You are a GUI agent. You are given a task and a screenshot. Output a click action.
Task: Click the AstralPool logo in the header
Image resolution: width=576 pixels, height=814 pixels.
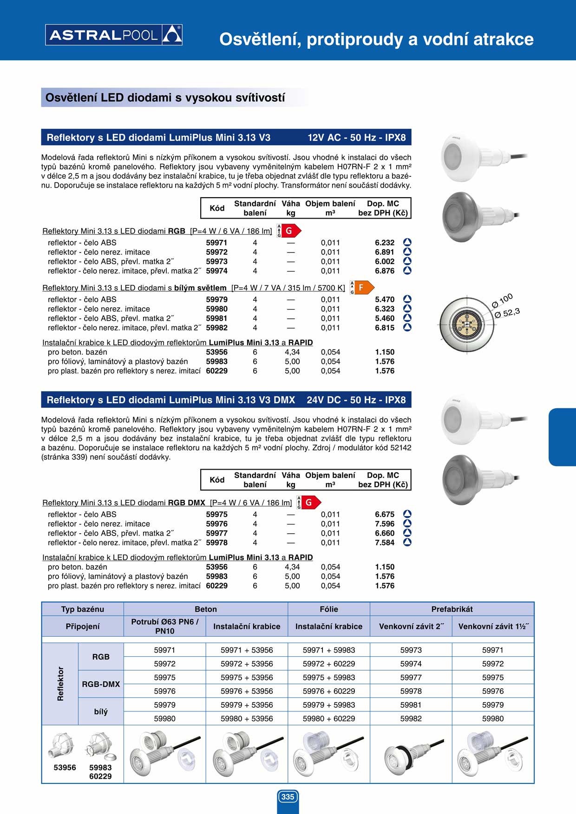114,35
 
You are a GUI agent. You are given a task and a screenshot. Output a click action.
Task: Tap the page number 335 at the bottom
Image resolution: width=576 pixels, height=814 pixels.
288,797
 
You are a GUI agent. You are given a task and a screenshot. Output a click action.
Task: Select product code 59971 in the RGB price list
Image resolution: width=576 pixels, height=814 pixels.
216,243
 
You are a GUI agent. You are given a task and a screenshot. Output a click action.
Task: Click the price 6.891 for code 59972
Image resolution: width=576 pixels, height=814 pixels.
385,252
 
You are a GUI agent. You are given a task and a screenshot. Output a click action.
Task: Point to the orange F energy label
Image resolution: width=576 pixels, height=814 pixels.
362,288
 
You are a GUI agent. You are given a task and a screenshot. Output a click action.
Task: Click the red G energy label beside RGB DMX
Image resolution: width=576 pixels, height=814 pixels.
309,503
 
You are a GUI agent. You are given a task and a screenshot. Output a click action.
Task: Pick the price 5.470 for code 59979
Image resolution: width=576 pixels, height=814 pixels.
385,300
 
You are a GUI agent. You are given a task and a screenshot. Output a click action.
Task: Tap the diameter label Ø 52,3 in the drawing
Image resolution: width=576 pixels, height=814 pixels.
507,313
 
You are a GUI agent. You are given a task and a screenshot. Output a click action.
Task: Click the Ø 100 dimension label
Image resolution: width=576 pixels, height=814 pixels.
502,300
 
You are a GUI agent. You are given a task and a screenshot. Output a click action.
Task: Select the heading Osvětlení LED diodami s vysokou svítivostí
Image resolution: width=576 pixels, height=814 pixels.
165,98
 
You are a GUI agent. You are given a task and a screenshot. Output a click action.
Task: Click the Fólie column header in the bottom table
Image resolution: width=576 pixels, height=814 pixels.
329,609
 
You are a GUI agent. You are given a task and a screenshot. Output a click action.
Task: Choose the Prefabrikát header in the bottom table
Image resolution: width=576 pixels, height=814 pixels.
452,609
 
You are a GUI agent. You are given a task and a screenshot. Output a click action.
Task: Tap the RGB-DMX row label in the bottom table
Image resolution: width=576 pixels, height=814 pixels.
101,684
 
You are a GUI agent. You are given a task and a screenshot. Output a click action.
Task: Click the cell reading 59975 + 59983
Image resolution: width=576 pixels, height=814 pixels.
329,678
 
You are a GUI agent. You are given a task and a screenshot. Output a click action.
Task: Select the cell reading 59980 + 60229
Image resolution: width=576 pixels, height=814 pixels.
329,718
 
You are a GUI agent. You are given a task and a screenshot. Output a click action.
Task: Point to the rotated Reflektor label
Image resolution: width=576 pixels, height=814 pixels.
60,684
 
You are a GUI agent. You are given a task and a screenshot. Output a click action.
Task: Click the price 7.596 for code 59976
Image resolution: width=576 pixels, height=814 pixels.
385,524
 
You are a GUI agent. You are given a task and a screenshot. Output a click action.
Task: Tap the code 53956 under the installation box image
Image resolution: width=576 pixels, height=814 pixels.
65,768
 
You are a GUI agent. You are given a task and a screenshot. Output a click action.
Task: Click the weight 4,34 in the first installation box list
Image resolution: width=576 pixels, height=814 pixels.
292,352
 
